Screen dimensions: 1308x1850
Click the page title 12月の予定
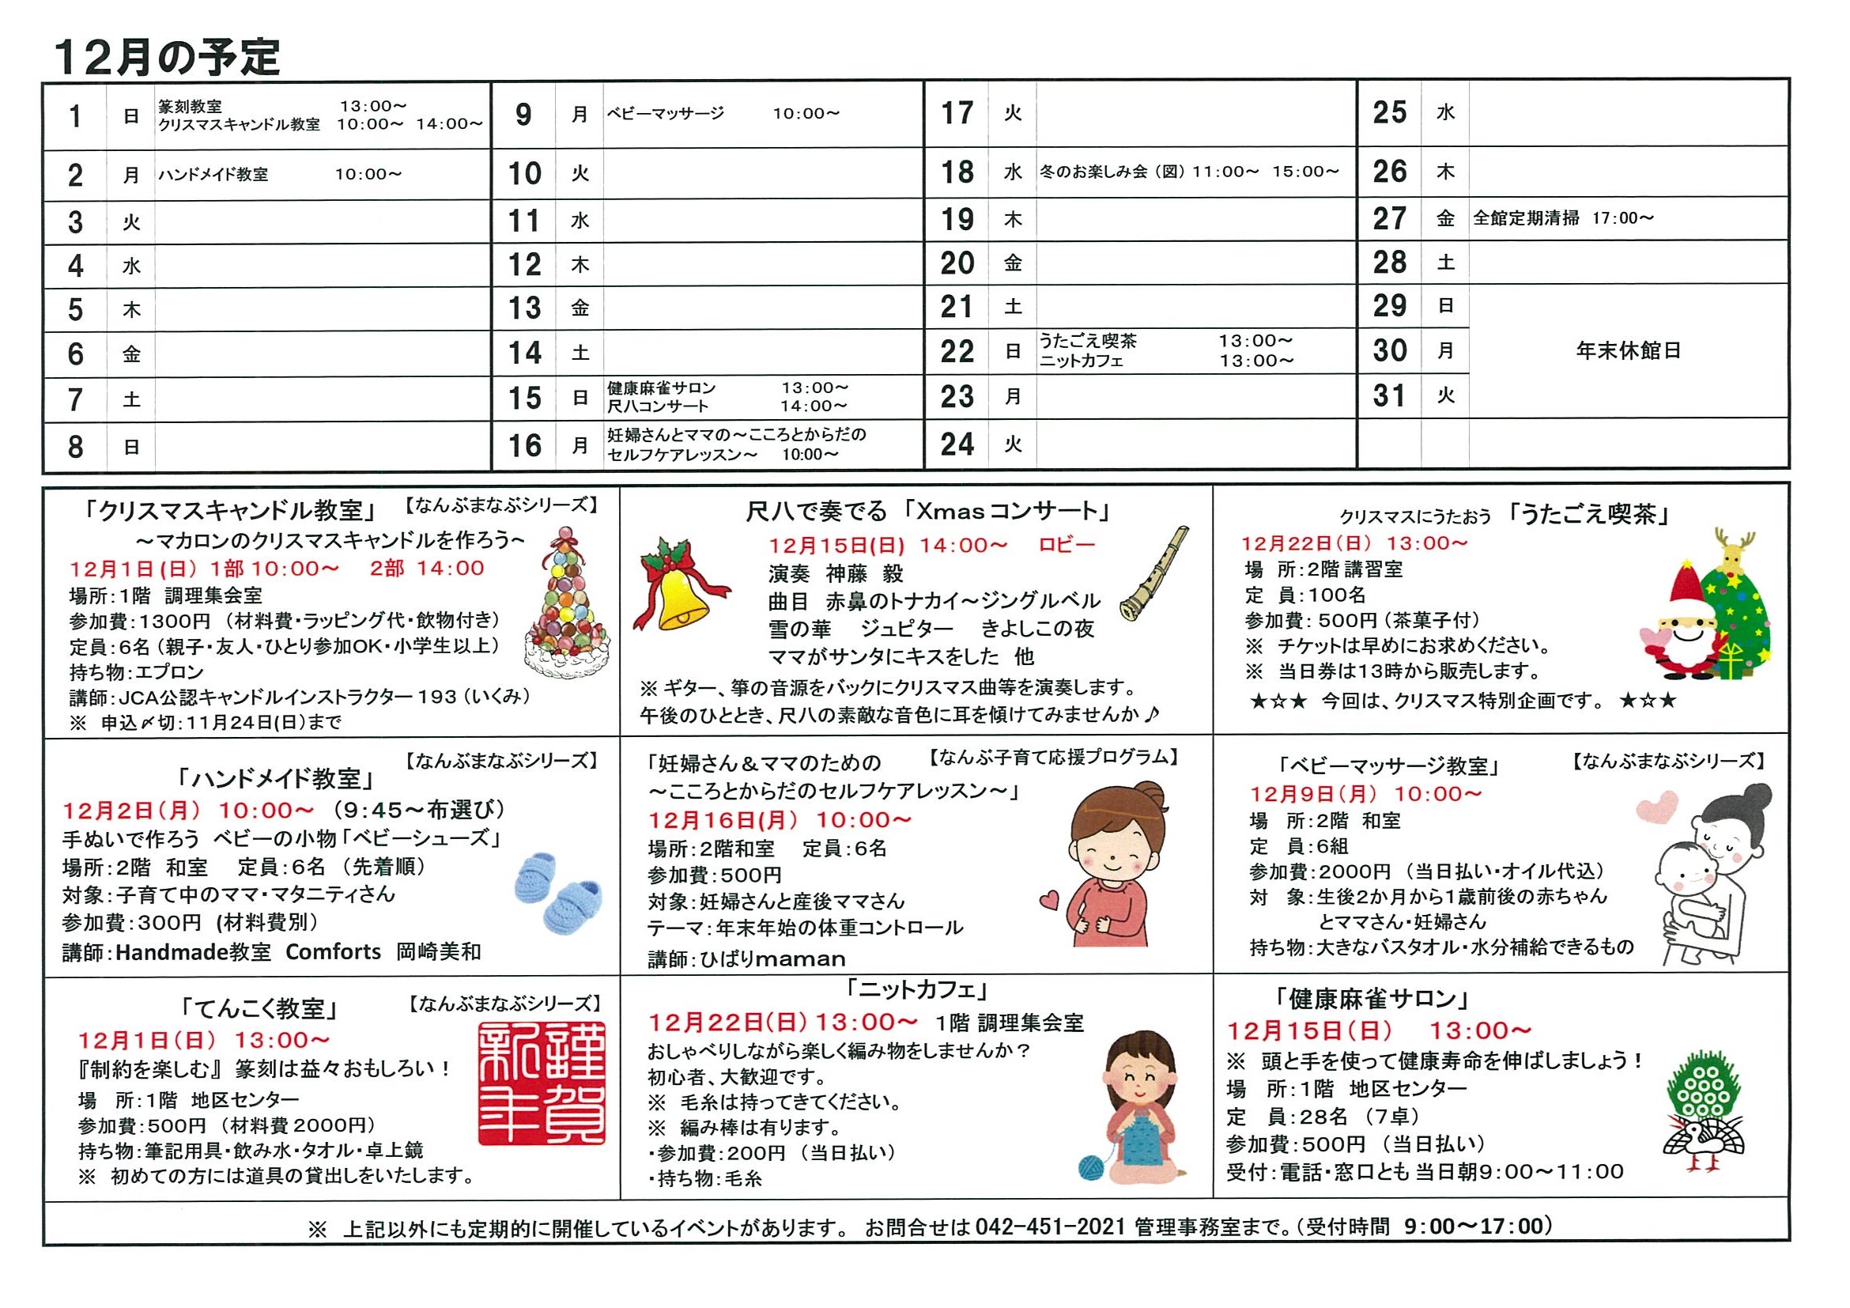[166, 57]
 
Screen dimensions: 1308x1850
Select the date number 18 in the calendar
[957, 172]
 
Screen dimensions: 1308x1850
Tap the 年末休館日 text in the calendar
[1628, 351]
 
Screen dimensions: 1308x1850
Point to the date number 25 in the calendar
[1390, 113]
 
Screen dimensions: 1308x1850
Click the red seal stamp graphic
[542, 1083]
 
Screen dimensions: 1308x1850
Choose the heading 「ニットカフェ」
[918, 989]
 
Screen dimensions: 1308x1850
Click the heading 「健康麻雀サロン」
[1372, 1000]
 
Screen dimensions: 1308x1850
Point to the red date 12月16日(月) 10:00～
[780, 820]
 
